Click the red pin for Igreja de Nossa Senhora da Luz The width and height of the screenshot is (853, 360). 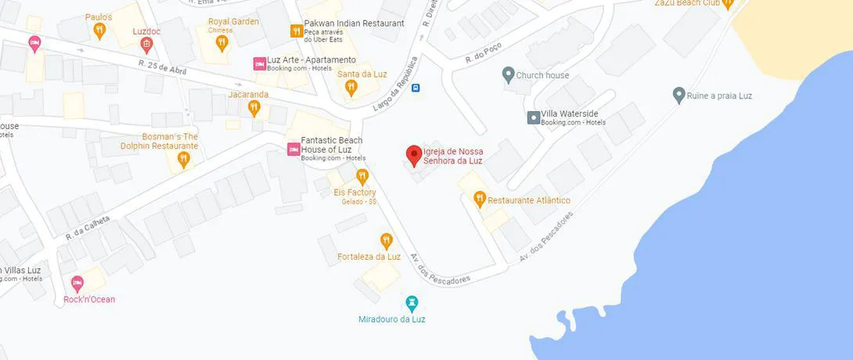pyautogui.click(x=412, y=154)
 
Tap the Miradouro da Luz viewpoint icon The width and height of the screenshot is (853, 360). pyautogui.click(x=412, y=302)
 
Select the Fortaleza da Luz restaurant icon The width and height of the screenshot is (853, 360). pyautogui.click(x=386, y=239)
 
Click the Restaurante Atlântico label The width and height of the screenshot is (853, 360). pyautogui.click(x=529, y=200)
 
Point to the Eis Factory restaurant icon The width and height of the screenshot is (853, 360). pyautogui.click(x=362, y=176)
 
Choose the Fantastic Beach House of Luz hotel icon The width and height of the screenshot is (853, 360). pyautogui.click(x=293, y=149)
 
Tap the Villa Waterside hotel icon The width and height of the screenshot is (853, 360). pyautogui.click(x=533, y=117)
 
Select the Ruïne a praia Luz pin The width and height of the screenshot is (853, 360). pyautogui.click(x=678, y=95)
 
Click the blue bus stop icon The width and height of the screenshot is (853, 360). pyautogui.click(x=416, y=88)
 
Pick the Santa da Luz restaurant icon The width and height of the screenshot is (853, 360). pyautogui.click(x=351, y=88)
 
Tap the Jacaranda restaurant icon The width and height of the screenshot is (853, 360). pyautogui.click(x=254, y=107)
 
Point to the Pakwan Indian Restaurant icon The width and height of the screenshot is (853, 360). pyautogui.click(x=296, y=31)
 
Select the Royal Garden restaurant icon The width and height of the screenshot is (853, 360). pyautogui.click(x=222, y=42)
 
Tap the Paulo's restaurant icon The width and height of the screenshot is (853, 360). pyautogui.click(x=99, y=30)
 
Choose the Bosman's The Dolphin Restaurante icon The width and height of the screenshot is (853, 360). pyautogui.click(x=183, y=159)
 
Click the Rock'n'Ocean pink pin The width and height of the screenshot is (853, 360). pyautogui.click(x=77, y=283)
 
